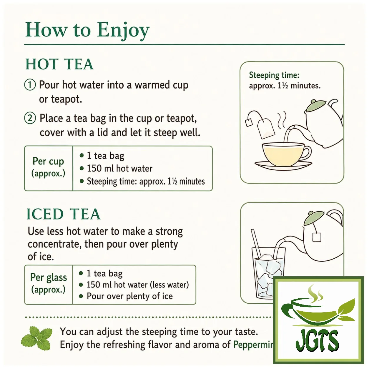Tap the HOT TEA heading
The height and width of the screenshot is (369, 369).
[x=59, y=64]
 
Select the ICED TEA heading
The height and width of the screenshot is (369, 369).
[x=63, y=214]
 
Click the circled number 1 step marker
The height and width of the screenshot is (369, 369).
[x=30, y=85]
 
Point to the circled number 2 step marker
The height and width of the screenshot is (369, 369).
[x=30, y=118]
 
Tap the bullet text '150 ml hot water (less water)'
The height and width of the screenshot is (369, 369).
[x=138, y=285]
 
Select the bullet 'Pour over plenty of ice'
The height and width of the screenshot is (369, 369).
[x=130, y=296]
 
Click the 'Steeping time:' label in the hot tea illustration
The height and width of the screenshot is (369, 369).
[x=274, y=75]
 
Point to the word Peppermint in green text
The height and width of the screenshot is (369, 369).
[x=254, y=345]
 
